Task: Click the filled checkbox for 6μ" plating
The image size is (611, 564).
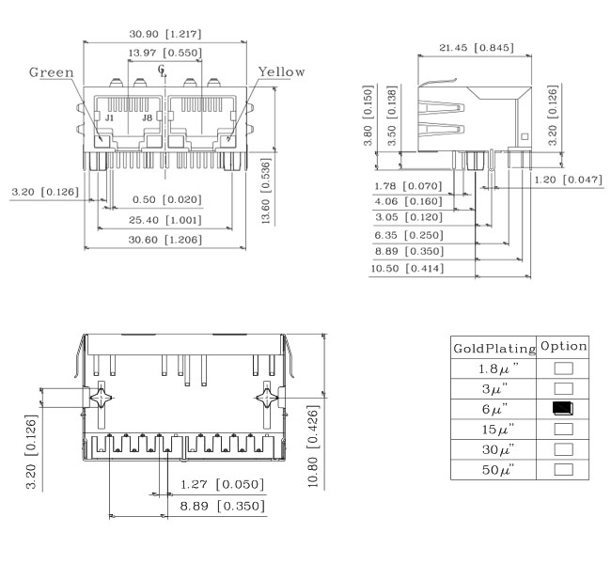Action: [x=563, y=408]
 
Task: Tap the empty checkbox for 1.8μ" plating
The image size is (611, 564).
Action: [x=563, y=368]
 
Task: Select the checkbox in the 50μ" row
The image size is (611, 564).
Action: [x=563, y=469]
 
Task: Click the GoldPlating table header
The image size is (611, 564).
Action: [x=494, y=348]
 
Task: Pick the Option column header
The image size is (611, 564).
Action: [x=563, y=346]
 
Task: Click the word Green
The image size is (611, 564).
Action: [x=52, y=72]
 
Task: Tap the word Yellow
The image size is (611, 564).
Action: [x=281, y=71]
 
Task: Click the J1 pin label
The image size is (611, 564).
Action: [x=109, y=117]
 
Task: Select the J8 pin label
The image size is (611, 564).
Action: [x=147, y=117]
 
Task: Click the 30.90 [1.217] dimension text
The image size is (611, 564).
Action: [x=165, y=34]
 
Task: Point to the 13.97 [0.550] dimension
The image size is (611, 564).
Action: [x=165, y=53]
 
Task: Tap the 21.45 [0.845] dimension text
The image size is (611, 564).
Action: [x=477, y=48]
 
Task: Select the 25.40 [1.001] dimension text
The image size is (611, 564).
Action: [x=165, y=220]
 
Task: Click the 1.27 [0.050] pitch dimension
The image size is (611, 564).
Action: [x=222, y=484]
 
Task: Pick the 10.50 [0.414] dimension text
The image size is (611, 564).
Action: [x=407, y=269]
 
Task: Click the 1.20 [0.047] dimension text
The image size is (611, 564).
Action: [x=568, y=180]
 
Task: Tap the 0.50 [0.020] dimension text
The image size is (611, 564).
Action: [x=166, y=199]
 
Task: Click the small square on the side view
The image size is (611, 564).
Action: [x=525, y=136]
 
